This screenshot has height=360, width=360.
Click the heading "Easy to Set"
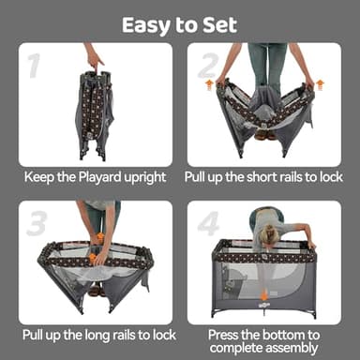tap(179, 24)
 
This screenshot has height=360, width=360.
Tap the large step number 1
tap(35, 67)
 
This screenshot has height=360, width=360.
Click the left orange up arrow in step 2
tap(209, 85)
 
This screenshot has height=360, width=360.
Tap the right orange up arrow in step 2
tap(320, 85)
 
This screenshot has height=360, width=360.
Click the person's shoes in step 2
tap(261, 134)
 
